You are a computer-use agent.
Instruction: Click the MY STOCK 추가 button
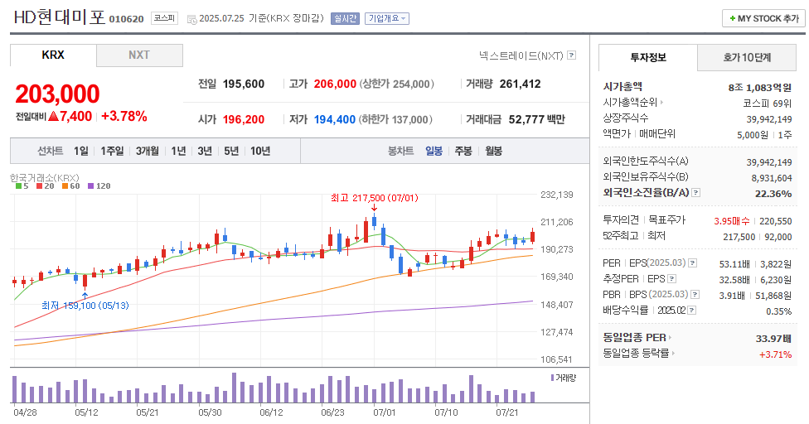(x=763, y=18)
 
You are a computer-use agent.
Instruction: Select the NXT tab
(x=138, y=55)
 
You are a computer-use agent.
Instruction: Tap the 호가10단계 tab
(x=747, y=57)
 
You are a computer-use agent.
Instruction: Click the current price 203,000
(x=57, y=94)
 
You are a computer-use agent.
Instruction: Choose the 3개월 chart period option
(x=147, y=151)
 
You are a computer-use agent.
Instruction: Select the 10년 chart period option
(x=259, y=151)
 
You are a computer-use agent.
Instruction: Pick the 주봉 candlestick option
(x=463, y=151)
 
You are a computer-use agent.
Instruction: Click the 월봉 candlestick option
(x=493, y=151)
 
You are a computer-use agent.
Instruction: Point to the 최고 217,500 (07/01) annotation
(x=374, y=199)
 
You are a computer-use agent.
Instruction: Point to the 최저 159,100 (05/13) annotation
(x=85, y=305)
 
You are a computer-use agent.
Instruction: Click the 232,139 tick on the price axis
(x=556, y=195)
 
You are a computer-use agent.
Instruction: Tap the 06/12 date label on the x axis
(x=271, y=412)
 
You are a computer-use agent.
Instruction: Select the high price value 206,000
(x=335, y=84)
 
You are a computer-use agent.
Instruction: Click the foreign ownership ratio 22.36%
(x=773, y=193)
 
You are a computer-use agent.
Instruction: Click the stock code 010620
(x=126, y=19)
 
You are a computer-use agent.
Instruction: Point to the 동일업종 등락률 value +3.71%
(x=775, y=354)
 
